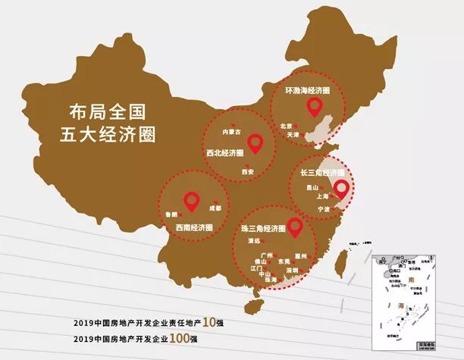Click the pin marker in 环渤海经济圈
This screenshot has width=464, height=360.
[311, 106]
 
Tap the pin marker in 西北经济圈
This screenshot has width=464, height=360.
[255, 141]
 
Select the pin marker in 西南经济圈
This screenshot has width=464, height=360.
[192, 202]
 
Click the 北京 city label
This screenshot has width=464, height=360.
[286, 126]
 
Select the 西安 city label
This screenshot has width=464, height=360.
[247, 172]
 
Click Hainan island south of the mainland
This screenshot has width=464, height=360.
[255, 306]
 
